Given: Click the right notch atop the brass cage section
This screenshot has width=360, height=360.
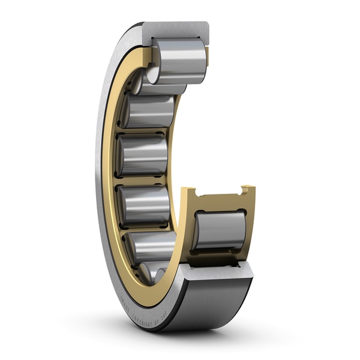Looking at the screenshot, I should pyautogui.click(x=245, y=190).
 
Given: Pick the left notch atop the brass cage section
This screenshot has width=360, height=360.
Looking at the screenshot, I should pyautogui.click(x=194, y=193).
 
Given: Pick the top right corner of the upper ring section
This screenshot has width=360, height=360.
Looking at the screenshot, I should pyautogui.click(x=208, y=24).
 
